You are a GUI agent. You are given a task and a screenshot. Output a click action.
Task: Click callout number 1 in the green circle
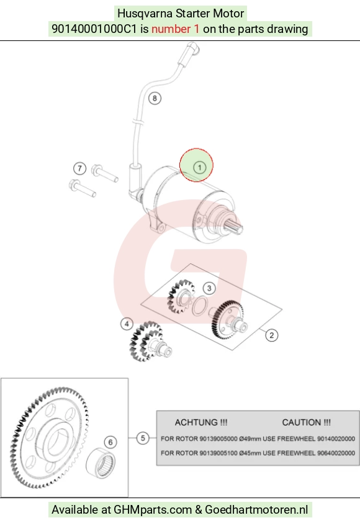[200, 167]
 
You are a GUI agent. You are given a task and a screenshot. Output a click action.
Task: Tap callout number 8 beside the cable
[155, 98]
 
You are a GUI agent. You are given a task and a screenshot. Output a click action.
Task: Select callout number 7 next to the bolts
[79, 168]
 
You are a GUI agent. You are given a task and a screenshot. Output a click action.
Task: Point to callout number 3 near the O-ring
[209, 288]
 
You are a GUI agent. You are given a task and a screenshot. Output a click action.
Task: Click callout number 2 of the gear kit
[272, 335]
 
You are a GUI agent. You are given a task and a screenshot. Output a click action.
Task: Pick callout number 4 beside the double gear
[127, 324]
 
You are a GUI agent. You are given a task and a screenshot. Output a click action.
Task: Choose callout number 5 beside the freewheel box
[143, 438]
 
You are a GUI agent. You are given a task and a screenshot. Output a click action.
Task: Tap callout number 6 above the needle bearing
[110, 442]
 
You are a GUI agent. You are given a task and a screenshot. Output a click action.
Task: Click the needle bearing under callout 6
[101, 463]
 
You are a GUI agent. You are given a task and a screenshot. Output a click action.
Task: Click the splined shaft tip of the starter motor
[235, 226]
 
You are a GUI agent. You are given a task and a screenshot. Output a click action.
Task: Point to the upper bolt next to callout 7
[104, 173]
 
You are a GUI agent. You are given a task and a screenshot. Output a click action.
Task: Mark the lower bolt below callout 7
[83, 188]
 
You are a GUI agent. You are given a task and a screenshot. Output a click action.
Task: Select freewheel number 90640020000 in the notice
[336, 453]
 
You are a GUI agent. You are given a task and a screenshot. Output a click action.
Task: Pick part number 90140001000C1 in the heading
[94, 29]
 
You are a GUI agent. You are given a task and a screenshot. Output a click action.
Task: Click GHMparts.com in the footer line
[153, 510]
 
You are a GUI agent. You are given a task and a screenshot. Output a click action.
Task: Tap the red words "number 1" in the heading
[175, 29]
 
